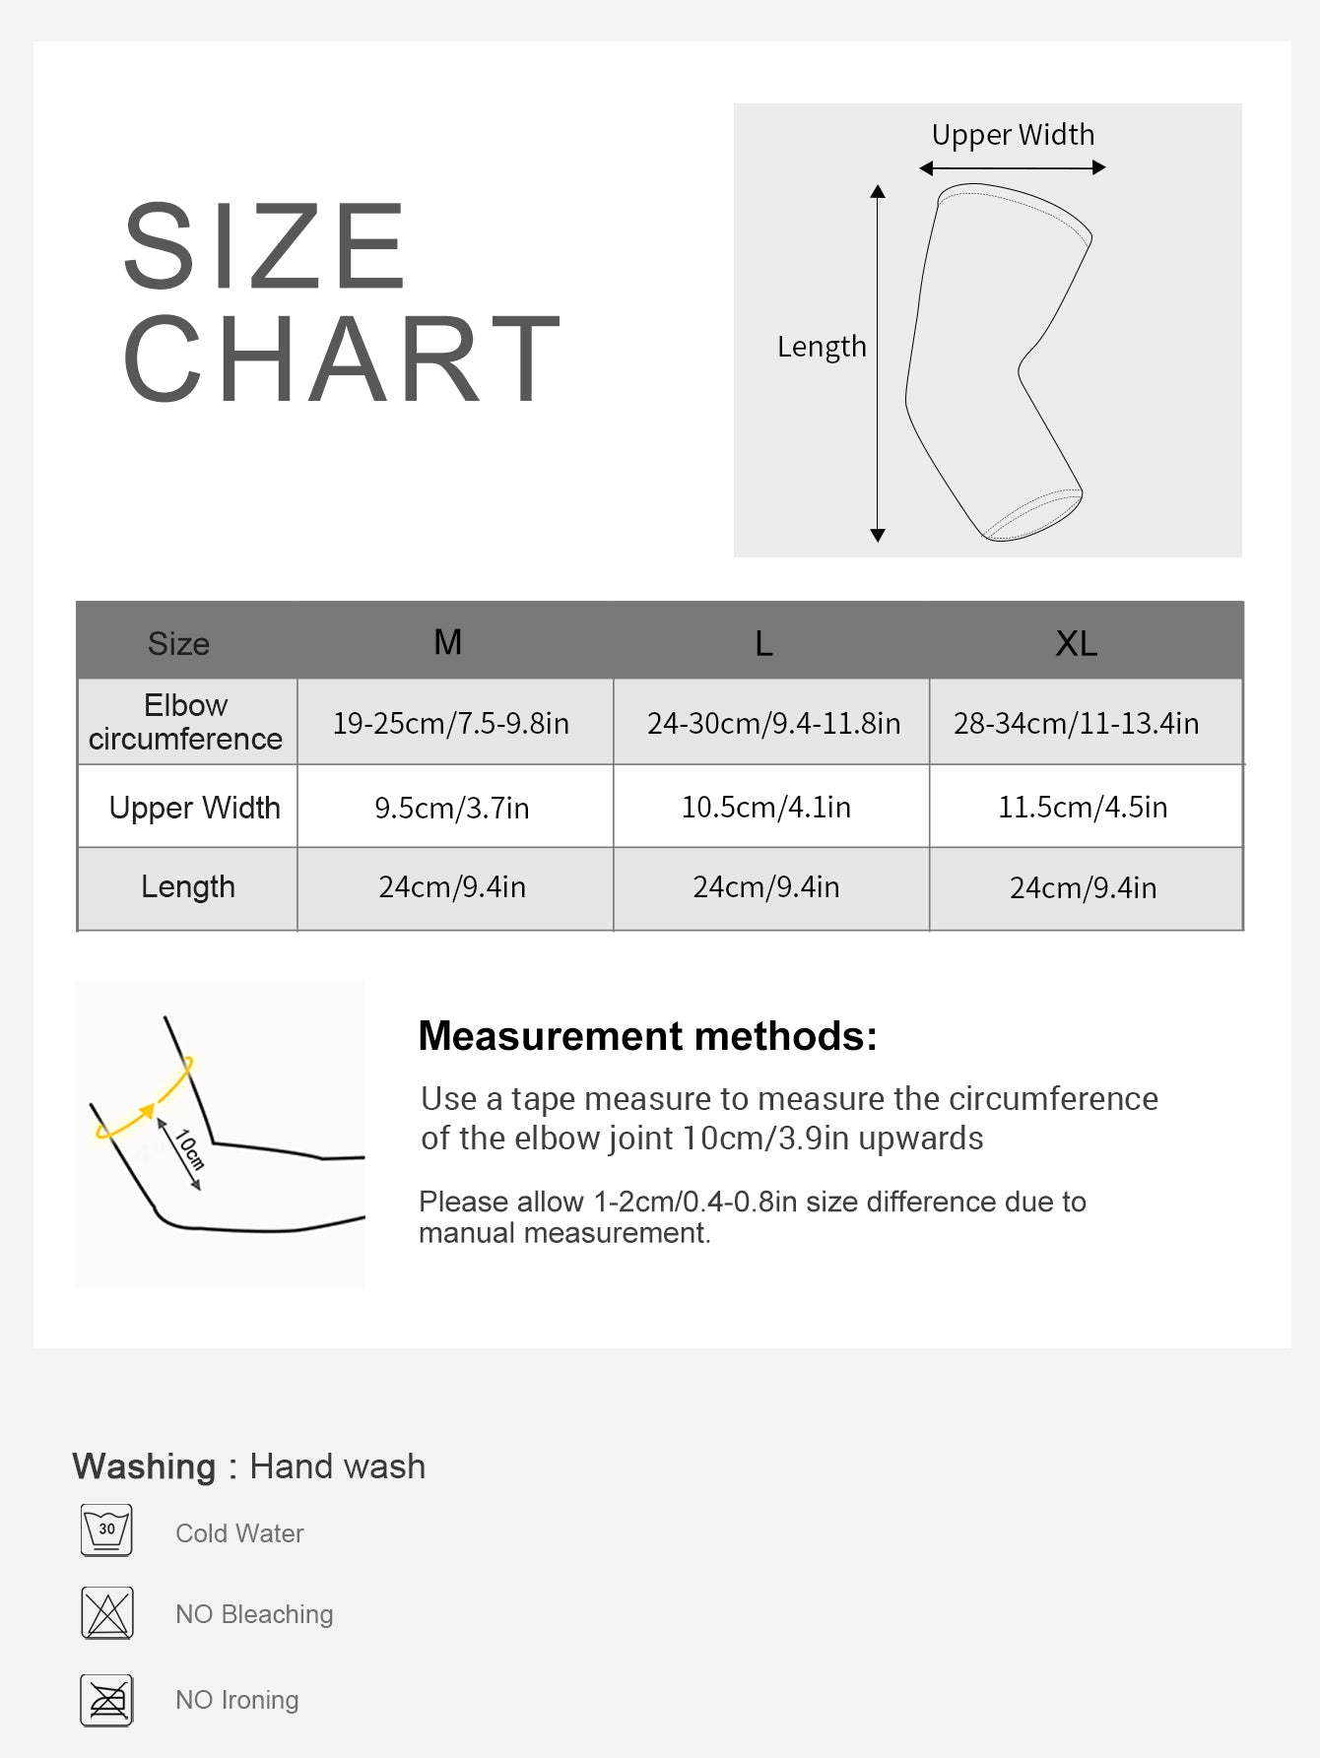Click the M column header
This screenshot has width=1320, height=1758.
(448, 642)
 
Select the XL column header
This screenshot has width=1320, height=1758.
(1076, 643)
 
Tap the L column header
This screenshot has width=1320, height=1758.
(763, 643)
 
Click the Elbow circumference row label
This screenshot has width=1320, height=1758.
(186, 722)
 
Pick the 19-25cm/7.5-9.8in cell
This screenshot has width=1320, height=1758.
(451, 723)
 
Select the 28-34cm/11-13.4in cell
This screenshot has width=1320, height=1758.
(1076, 723)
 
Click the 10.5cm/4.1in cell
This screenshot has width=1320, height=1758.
(766, 807)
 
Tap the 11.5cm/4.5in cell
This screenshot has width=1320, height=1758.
(1083, 807)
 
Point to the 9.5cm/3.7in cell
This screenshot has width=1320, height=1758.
(452, 808)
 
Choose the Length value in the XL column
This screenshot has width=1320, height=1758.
(1083, 887)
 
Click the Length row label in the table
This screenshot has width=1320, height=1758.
(188, 886)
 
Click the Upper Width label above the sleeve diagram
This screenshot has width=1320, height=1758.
(1013, 134)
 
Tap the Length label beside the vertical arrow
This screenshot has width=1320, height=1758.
(822, 347)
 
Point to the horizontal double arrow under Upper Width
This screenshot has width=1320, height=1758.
(1013, 168)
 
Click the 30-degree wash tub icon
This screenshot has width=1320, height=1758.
(106, 1530)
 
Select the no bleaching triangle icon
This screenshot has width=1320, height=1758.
(106, 1613)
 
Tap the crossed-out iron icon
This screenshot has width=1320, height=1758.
(106, 1700)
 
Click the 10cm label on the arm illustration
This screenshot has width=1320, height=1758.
(188, 1149)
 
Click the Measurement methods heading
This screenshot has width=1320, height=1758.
(647, 1036)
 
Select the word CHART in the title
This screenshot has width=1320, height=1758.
(341, 359)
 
